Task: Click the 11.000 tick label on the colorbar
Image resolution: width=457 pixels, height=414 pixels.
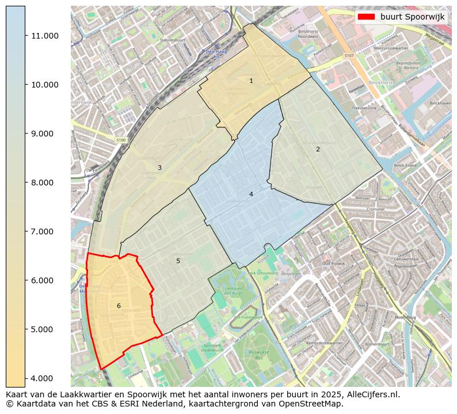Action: (45, 36)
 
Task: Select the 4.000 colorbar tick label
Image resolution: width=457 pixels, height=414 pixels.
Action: (45, 378)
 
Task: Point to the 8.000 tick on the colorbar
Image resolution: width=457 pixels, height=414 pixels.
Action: (45, 183)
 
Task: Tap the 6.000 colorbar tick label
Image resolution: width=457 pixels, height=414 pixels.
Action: (45, 280)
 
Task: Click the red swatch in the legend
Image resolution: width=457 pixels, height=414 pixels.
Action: (367, 17)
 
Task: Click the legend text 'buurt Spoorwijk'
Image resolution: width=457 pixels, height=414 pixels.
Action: (412, 17)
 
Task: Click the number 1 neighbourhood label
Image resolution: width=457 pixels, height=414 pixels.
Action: (251, 81)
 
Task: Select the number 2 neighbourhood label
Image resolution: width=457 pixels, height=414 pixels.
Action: (318, 149)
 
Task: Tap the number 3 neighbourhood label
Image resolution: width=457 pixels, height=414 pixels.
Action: (159, 168)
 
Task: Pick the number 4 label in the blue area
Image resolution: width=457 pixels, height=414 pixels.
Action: (251, 194)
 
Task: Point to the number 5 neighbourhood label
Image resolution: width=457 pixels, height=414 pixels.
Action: (178, 261)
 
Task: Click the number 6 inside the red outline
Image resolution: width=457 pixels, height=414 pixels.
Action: (119, 306)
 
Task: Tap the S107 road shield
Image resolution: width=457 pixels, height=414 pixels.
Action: (349, 56)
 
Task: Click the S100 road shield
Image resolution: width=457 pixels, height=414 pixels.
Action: (120, 140)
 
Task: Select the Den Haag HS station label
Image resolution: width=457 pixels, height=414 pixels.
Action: (214, 55)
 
